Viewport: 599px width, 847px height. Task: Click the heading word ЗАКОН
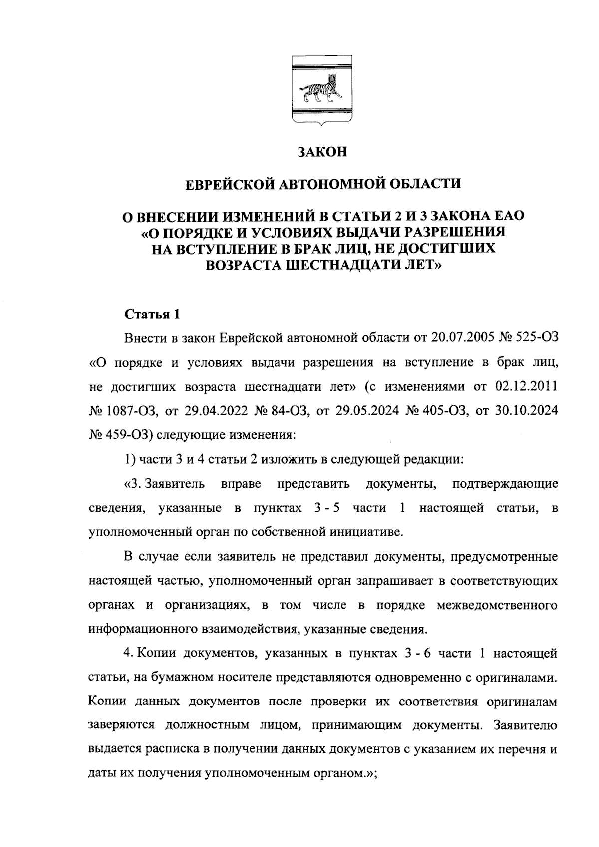pyautogui.click(x=322, y=152)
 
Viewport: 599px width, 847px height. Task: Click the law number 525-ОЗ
pyautogui.click(x=539, y=339)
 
